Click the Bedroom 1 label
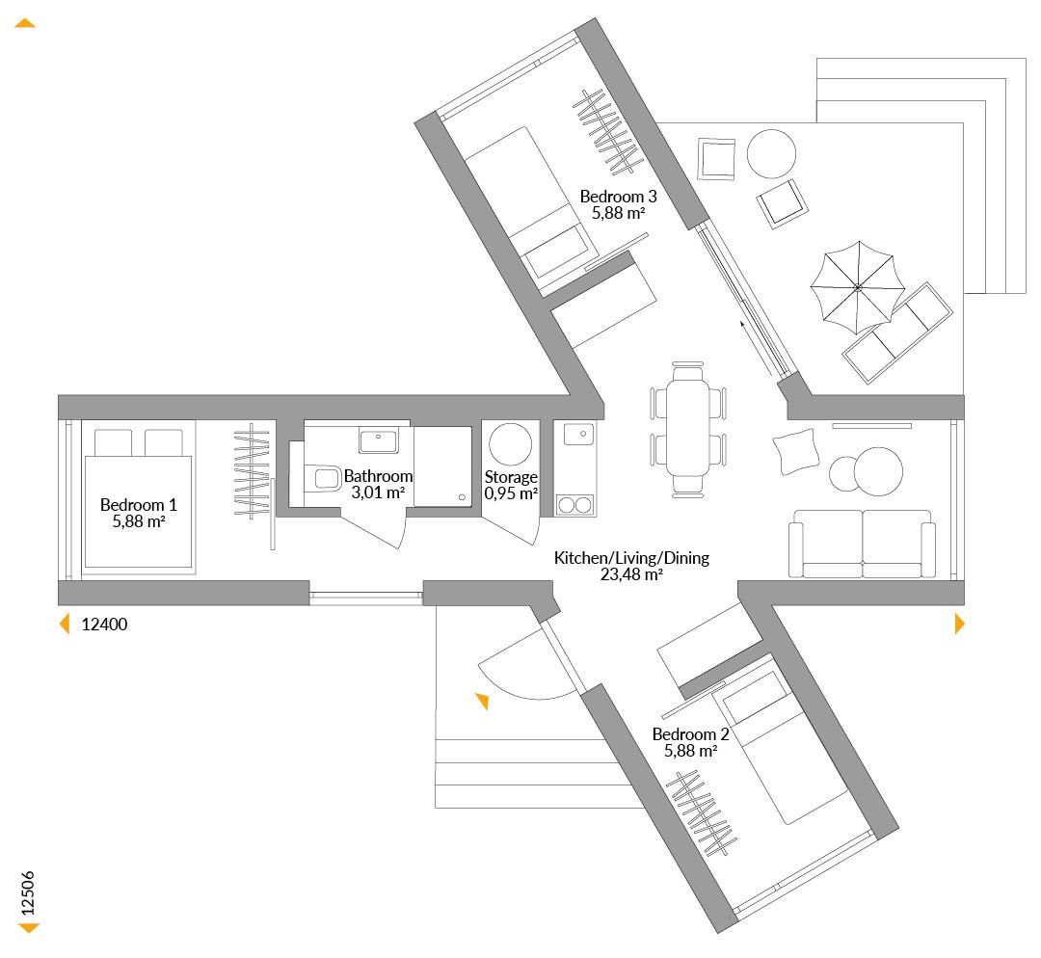pyautogui.click(x=138, y=513)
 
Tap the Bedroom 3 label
pyautogui.click(x=618, y=204)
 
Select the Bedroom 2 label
pyautogui.click(x=690, y=742)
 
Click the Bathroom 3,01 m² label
pyautogui.click(x=378, y=484)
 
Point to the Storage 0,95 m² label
pyautogui.click(x=511, y=486)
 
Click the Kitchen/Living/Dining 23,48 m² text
pyautogui.click(x=631, y=566)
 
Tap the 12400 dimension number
pyautogui.click(x=104, y=625)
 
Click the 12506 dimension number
pyautogui.click(x=28, y=893)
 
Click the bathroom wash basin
pyautogui.click(x=379, y=439)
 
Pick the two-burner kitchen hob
pyautogui.click(x=574, y=505)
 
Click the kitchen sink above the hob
pyautogui.click(x=578, y=435)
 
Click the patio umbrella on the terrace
pyautogui.click(x=858, y=287)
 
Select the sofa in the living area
pyautogui.click(x=863, y=544)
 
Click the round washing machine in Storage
pyautogui.click(x=510, y=444)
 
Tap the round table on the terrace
pyautogui.click(x=771, y=153)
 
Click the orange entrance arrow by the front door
pyautogui.click(x=483, y=701)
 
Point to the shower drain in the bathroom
pyautogui.click(x=462, y=497)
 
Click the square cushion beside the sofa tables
pyautogui.click(x=795, y=451)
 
